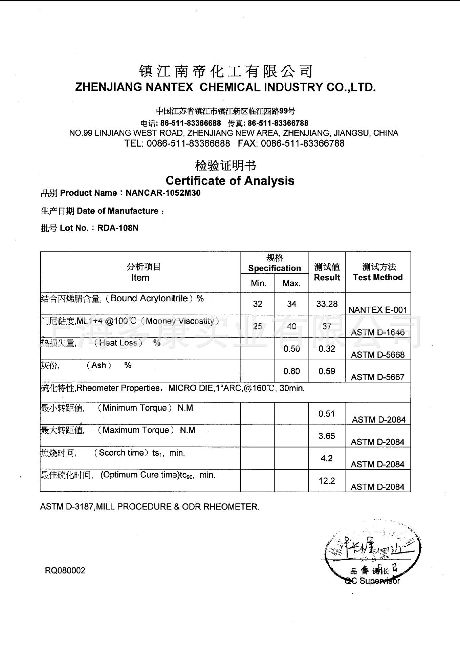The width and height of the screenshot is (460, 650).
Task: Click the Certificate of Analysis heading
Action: (x=230, y=180)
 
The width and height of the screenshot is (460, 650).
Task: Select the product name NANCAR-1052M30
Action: (x=163, y=193)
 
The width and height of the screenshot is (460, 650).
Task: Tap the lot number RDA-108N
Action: (x=118, y=228)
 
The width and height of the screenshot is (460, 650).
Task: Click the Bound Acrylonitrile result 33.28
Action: (x=327, y=304)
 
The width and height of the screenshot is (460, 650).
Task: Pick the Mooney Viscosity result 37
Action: (x=327, y=326)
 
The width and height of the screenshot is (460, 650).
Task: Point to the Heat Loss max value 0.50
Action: (x=291, y=349)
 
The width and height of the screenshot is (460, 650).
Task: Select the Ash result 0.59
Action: (x=327, y=371)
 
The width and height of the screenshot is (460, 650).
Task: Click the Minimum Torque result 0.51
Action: (x=327, y=413)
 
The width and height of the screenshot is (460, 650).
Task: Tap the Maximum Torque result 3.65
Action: (x=327, y=436)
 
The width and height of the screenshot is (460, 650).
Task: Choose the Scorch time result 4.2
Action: (x=327, y=458)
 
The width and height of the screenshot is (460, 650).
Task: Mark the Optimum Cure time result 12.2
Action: (x=327, y=480)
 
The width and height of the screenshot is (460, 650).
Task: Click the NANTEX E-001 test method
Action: (x=377, y=310)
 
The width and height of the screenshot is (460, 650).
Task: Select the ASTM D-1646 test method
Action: (x=378, y=332)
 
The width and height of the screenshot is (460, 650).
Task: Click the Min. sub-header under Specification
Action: (x=258, y=283)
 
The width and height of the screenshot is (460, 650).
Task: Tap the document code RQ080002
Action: (x=65, y=570)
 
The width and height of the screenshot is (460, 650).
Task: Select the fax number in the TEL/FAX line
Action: (x=303, y=143)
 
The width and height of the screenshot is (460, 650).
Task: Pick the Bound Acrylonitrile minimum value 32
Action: (x=258, y=304)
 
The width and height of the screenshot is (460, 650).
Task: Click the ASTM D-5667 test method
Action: (x=378, y=377)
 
